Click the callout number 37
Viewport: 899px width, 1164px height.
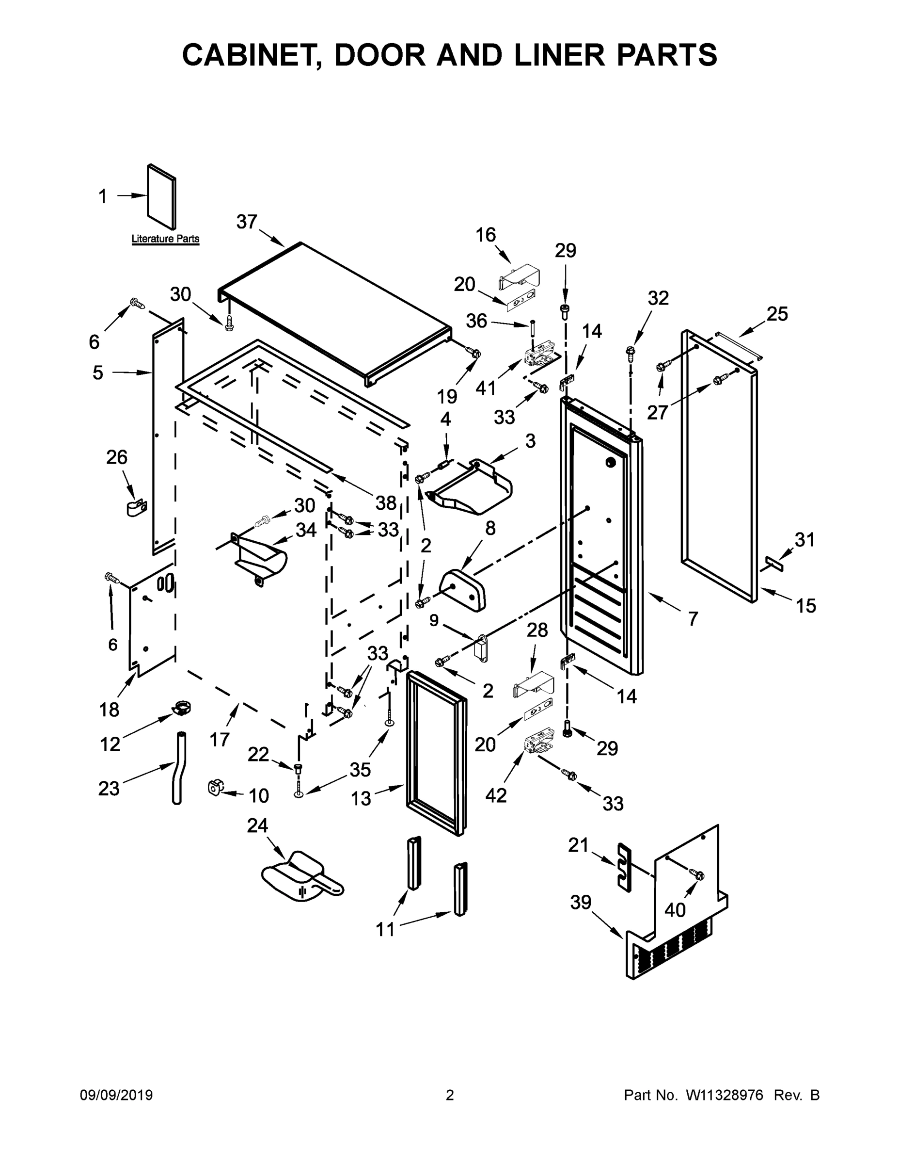[247, 222]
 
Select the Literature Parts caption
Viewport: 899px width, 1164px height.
[165, 239]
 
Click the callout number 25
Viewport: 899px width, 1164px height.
[777, 314]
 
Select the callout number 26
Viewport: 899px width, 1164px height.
[117, 457]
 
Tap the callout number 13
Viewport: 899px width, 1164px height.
[361, 798]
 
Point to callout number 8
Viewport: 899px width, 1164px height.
[490, 528]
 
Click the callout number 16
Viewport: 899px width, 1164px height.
[485, 235]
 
